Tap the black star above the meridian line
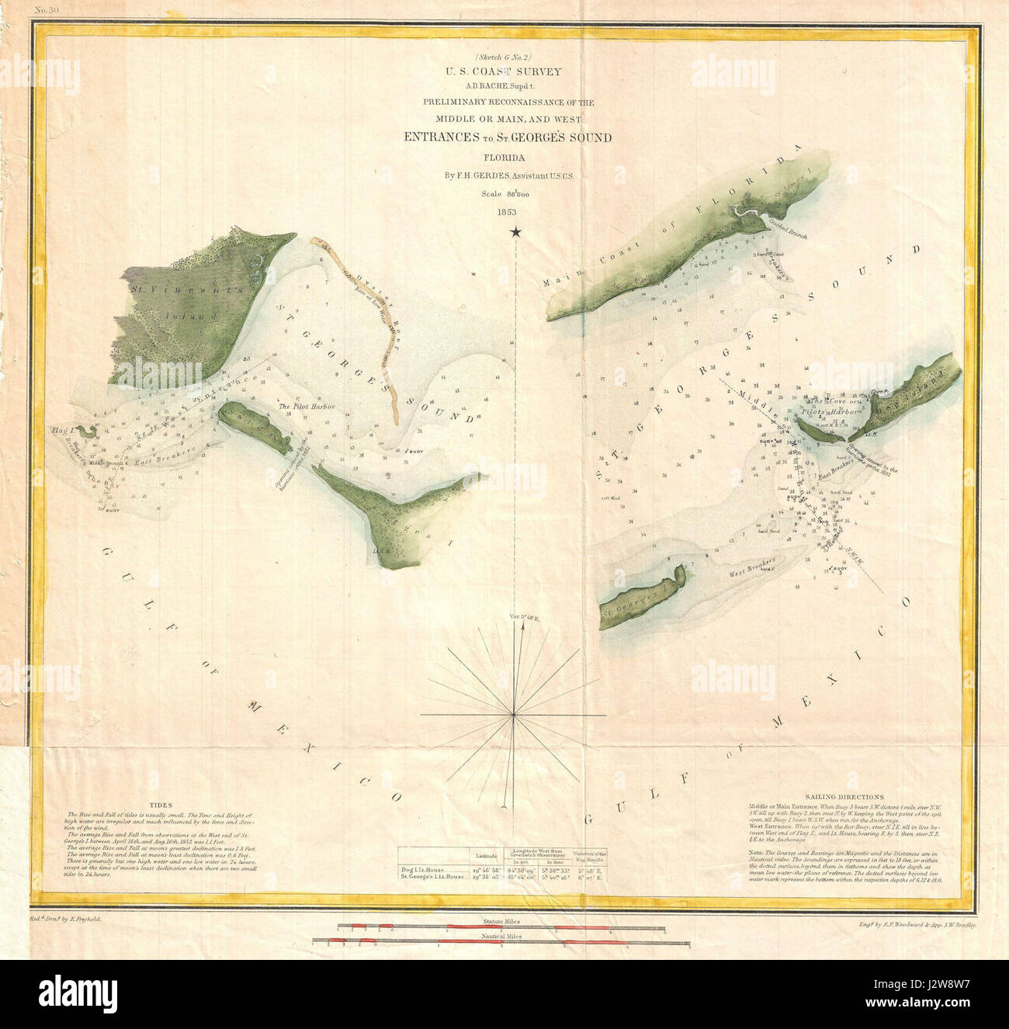coord(516,232)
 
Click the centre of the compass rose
coord(513,714)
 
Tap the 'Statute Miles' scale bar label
coord(500,921)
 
